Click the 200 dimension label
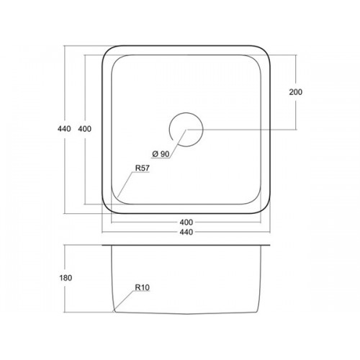point(296,92)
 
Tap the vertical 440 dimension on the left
point(64,129)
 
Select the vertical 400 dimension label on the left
point(85,129)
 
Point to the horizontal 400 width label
point(186,222)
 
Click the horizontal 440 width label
point(186,232)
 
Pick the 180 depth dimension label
point(66,278)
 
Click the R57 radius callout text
point(143,168)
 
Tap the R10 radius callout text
point(143,287)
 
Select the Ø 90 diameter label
point(161,154)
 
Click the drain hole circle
point(203,130)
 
